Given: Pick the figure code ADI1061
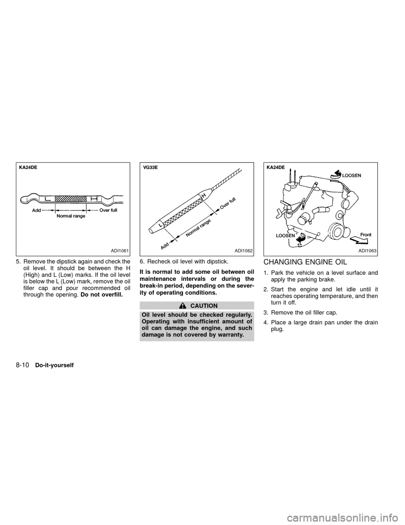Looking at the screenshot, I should tap(117, 251).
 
